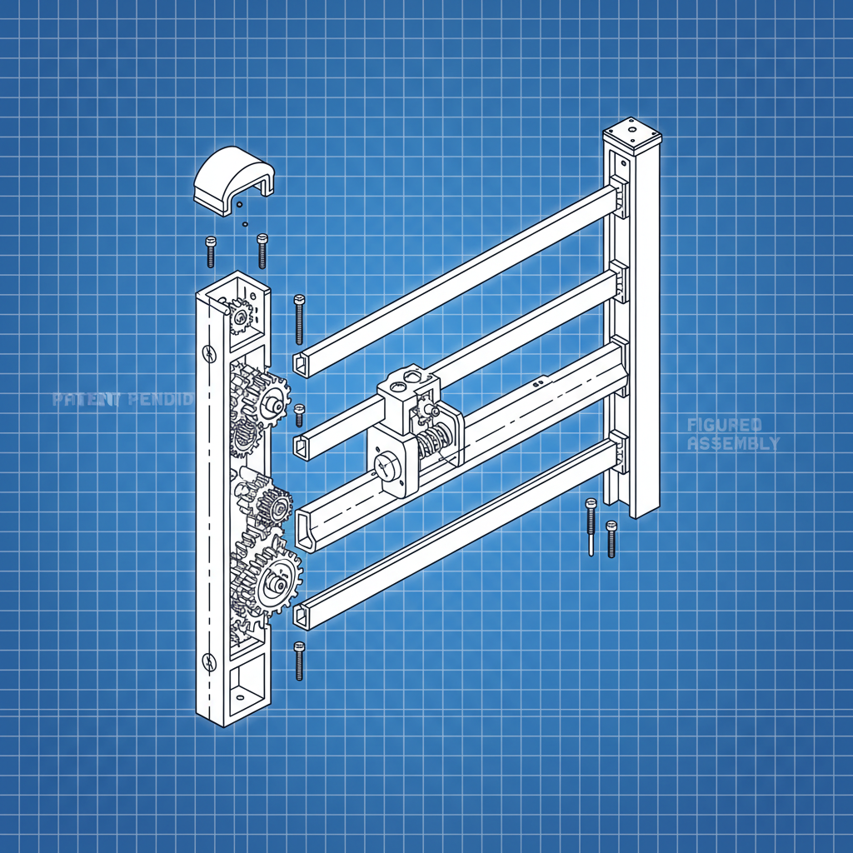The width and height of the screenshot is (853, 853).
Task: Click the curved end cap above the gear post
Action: coord(232,178)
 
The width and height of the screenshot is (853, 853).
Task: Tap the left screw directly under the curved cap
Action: coord(210,252)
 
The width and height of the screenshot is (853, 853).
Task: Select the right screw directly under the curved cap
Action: coord(262,250)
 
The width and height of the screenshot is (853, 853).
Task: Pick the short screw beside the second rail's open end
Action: coord(299,415)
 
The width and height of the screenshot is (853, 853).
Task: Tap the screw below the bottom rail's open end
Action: coord(299,660)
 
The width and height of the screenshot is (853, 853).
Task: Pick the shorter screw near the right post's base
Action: coord(611,538)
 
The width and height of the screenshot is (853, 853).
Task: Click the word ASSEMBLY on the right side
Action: coord(734,444)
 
